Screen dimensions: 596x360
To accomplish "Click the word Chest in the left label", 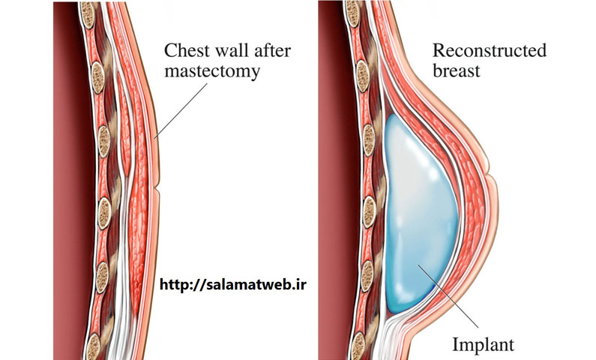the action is [184, 50].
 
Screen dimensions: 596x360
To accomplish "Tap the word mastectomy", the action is [212, 71].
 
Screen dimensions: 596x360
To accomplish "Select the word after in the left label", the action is [273, 50].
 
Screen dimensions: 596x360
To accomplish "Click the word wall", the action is [229, 50].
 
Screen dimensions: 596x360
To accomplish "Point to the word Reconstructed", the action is [490, 50].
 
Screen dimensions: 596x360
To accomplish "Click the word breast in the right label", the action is [457, 70].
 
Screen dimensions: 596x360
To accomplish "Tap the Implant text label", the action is [483, 344].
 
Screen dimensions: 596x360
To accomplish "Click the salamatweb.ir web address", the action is [233, 284].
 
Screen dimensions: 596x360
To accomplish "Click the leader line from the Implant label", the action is [448, 295].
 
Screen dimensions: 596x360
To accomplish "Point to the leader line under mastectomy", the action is [181, 110].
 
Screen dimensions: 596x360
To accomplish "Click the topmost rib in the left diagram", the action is [88, 15].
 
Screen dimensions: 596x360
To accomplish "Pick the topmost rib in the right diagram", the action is [353, 14].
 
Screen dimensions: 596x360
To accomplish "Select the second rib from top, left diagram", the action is [97, 77].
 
